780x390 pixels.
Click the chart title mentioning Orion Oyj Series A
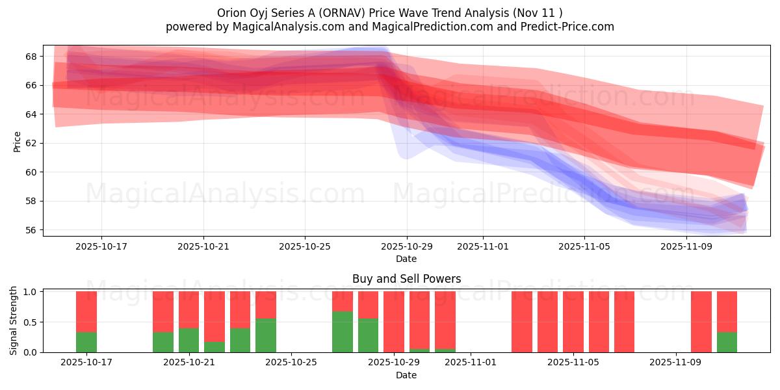pyautogui.click(x=390, y=12)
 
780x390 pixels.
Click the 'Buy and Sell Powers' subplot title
pyautogui.click(x=406, y=279)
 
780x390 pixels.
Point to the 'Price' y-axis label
pyautogui.click(x=17, y=142)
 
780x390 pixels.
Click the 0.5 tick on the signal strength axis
pyautogui.click(x=29, y=322)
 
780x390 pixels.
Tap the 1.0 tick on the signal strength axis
pyautogui.click(x=29, y=292)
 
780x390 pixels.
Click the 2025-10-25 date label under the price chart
pyautogui.click(x=305, y=247)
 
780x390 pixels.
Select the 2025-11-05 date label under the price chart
pyautogui.click(x=584, y=247)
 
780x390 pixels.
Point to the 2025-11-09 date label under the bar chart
pyautogui.click(x=676, y=363)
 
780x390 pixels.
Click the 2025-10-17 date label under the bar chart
pyautogui.click(x=86, y=363)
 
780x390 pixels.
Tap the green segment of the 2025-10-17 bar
pyautogui.click(x=86, y=342)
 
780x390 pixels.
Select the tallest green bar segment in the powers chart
pyautogui.click(x=343, y=332)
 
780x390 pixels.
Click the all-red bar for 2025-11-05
pyautogui.click(x=573, y=322)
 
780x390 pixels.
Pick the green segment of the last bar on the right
pyautogui.click(x=727, y=342)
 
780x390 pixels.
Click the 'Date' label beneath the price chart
pyautogui.click(x=406, y=259)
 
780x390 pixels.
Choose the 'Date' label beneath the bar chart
pyautogui.click(x=406, y=375)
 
